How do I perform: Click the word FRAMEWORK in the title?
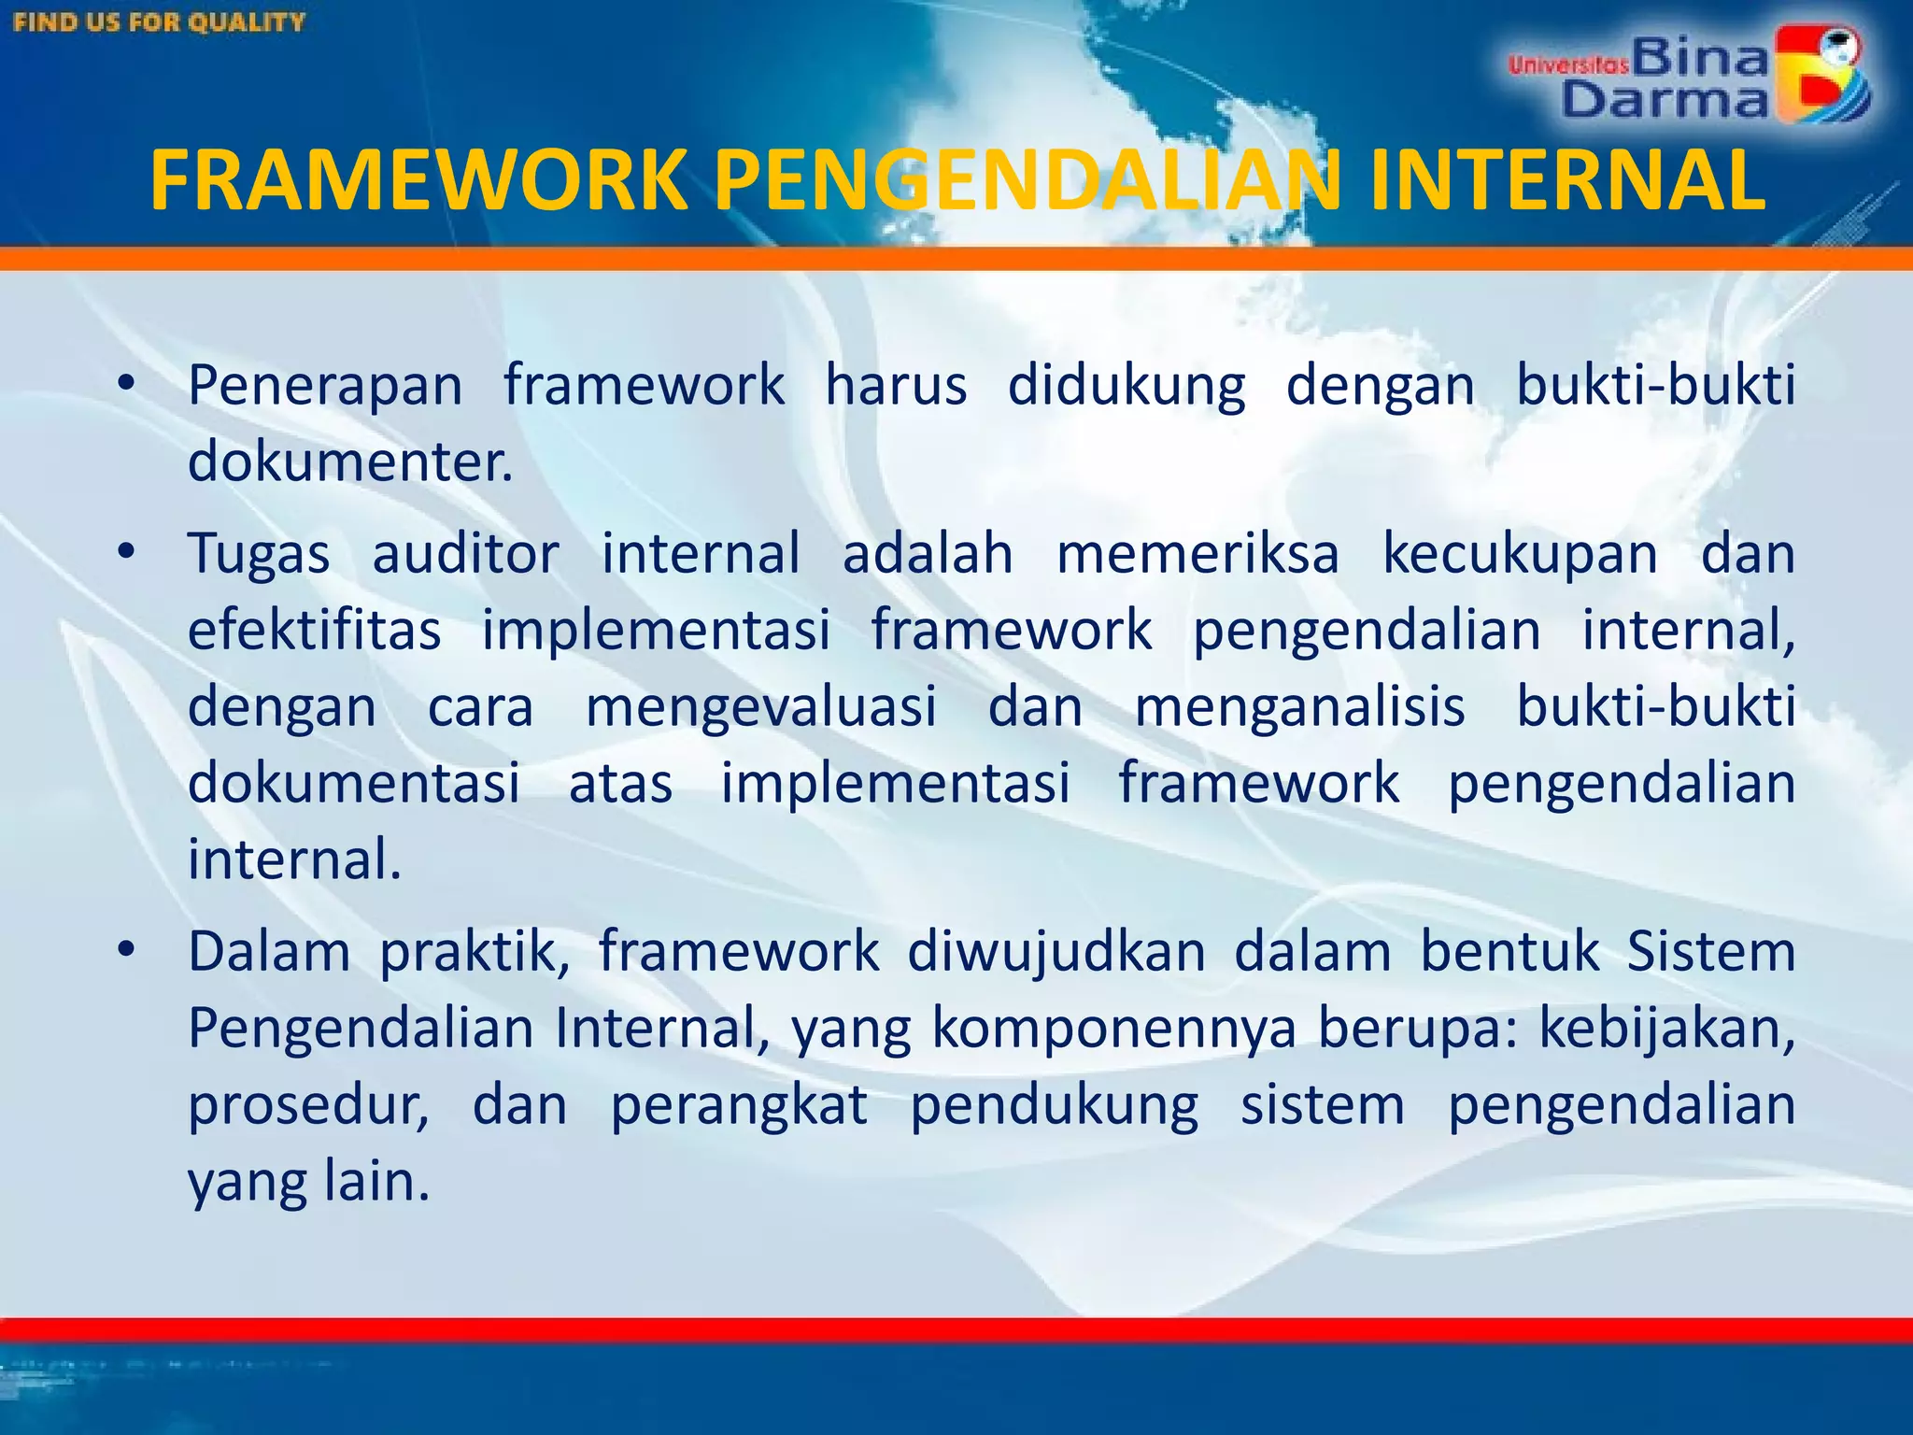[x=418, y=180]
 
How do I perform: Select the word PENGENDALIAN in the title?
[x=1028, y=180]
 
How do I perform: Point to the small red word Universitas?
[x=1568, y=64]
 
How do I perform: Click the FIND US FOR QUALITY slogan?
[x=160, y=21]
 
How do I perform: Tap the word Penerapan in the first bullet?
[x=325, y=385]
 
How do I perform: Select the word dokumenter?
[x=350, y=461]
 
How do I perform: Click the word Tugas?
[x=259, y=553]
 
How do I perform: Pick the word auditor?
[x=465, y=553]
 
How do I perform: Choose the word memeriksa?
[x=1197, y=553]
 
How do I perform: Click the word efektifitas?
[x=314, y=630]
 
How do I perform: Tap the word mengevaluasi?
[x=760, y=706]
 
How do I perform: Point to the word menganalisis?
[x=1299, y=706]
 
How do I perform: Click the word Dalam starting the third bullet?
[x=269, y=952]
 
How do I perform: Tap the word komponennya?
[x=1114, y=1029]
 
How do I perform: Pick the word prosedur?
[x=308, y=1105]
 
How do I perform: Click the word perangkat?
[x=739, y=1105]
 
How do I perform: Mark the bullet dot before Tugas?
[x=127, y=552]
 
